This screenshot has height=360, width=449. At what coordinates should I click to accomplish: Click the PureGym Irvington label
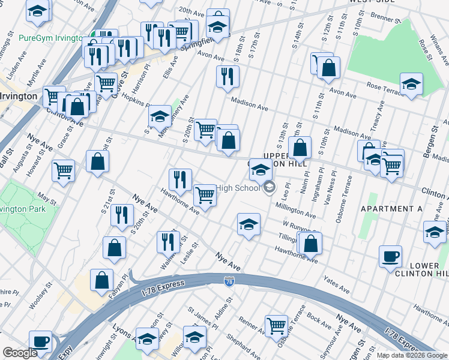(x=50, y=38)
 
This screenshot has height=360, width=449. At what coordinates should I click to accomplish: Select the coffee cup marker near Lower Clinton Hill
(x=390, y=256)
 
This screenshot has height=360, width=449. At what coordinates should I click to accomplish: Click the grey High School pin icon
(x=270, y=188)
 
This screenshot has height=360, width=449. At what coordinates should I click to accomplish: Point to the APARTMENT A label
(x=391, y=209)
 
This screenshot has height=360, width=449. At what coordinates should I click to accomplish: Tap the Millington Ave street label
(x=295, y=210)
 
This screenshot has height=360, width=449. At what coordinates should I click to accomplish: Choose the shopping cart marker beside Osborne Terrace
(x=276, y=326)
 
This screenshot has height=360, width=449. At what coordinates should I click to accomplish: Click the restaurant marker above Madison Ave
(x=228, y=76)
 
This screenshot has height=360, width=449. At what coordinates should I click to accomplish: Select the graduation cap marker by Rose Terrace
(x=411, y=85)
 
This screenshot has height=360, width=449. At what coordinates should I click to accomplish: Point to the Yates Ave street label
(x=336, y=284)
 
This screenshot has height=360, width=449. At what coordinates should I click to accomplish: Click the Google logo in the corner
(x=20, y=353)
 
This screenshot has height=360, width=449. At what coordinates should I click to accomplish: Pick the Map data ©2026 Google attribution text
(x=412, y=355)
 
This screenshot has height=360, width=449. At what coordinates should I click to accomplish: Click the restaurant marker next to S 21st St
(x=122, y=215)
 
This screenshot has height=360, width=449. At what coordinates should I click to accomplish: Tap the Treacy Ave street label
(x=377, y=119)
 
